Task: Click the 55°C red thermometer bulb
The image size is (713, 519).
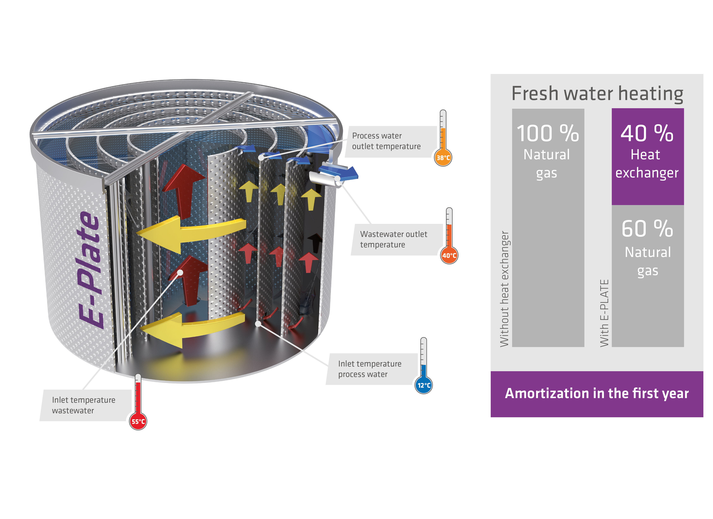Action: [138, 421]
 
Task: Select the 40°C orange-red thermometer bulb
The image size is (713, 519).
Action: [449, 255]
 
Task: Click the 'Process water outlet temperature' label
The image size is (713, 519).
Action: [386, 141]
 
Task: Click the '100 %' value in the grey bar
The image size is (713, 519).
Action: [548, 133]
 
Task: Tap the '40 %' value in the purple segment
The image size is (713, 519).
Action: [647, 133]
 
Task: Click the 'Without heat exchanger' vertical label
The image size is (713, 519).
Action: [504, 289]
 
